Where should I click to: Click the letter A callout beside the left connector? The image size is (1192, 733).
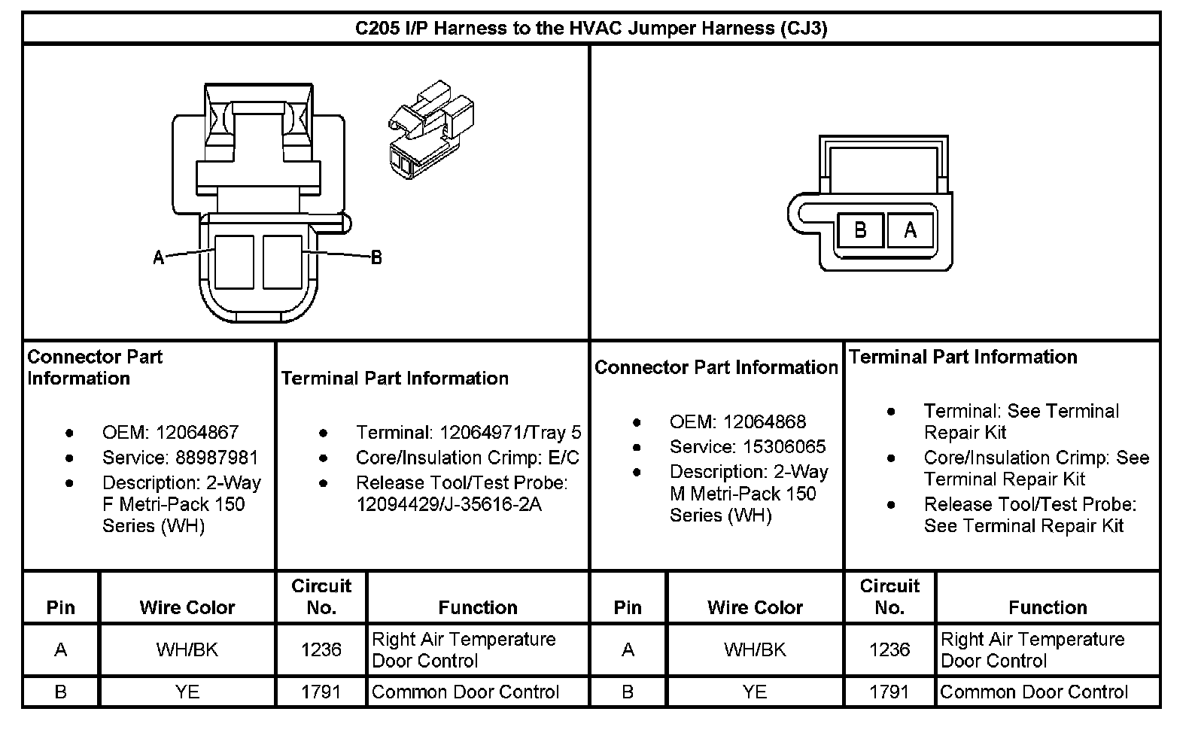[158, 258]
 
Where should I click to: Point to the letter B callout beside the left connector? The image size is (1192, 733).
[376, 258]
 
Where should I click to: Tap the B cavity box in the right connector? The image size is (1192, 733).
[860, 230]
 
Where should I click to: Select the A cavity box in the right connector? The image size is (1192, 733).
[910, 230]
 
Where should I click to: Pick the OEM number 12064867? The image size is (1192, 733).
[197, 433]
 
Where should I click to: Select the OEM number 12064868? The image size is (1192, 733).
[765, 422]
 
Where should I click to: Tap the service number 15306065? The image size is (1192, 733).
[784, 447]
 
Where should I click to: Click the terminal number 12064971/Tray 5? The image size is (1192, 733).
[510, 433]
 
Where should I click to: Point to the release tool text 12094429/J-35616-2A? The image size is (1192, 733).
[449, 504]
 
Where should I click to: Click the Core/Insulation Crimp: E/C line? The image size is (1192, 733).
[467, 458]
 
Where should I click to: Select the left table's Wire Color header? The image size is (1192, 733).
[187, 607]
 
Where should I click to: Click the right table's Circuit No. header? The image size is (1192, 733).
[889, 597]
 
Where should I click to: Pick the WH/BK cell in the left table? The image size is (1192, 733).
[187, 649]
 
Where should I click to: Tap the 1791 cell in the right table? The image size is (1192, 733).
[889, 692]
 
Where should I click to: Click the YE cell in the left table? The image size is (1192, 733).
[187, 692]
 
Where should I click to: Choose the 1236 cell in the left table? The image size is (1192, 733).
[321, 649]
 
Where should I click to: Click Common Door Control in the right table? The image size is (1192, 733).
[1034, 692]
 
